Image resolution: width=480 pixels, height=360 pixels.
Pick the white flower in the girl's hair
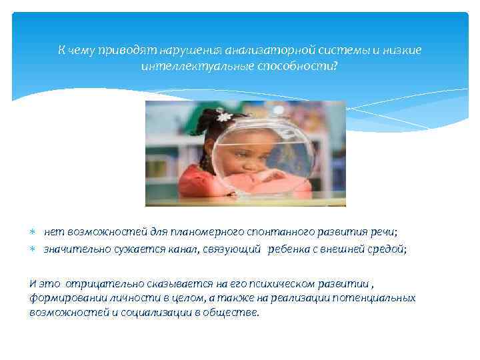pos(225,116)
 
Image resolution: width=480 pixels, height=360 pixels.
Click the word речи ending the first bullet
pos(383,232)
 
